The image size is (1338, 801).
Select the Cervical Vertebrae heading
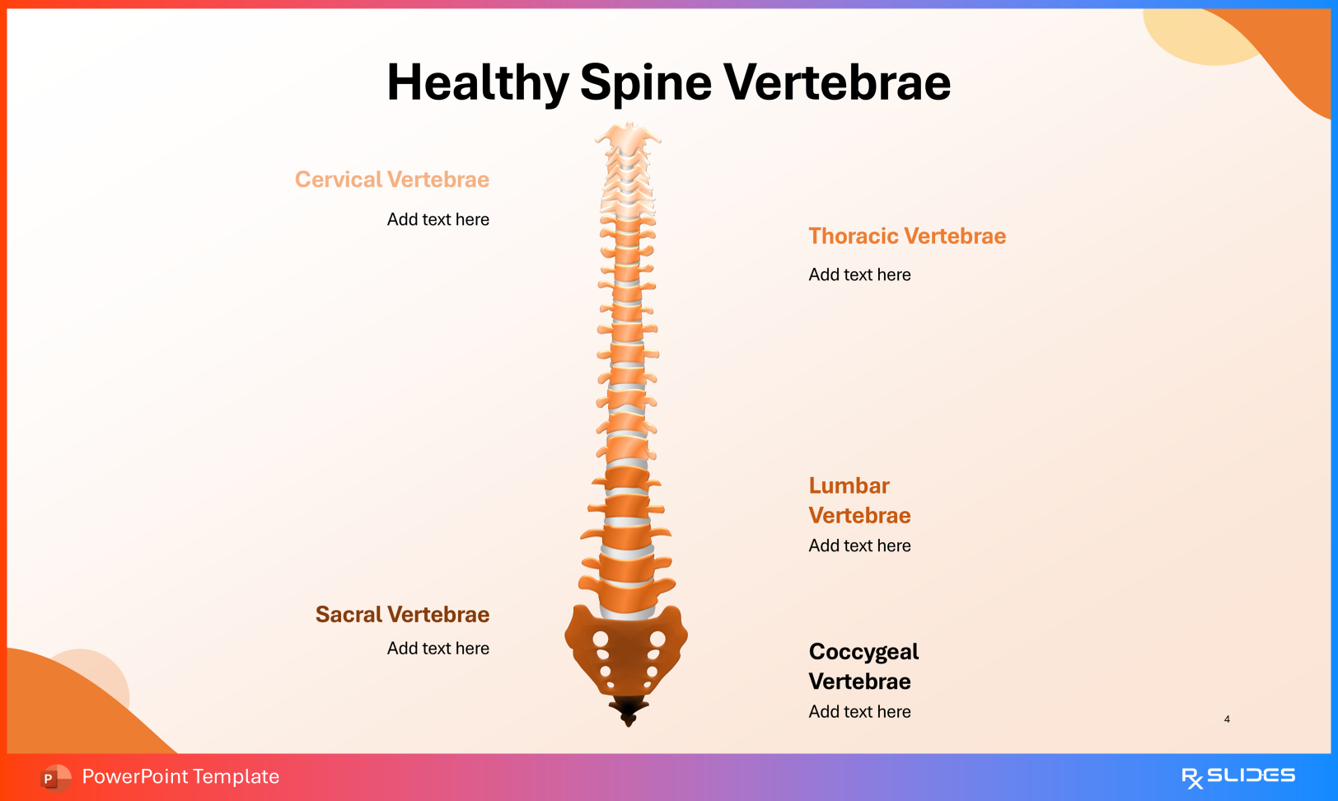[x=392, y=180]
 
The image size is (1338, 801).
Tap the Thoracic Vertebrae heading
[x=907, y=237]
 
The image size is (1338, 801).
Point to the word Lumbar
[x=849, y=486]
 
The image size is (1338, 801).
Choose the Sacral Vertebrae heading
[x=402, y=615]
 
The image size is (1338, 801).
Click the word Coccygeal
[x=863, y=652]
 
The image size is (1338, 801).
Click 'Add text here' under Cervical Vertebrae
[x=438, y=220]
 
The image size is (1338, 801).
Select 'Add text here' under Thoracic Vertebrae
[x=859, y=275]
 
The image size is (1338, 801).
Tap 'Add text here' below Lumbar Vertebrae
[x=859, y=546]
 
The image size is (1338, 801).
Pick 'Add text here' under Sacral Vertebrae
[x=438, y=649]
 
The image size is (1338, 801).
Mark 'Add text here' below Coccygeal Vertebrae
[x=859, y=712]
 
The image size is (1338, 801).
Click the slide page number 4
[x=1227, y=719]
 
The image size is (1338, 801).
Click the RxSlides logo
[x=1237, y=776]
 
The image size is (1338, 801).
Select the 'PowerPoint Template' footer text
[x=180, y=777]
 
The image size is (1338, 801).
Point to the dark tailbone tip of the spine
[x=629, y=710]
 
